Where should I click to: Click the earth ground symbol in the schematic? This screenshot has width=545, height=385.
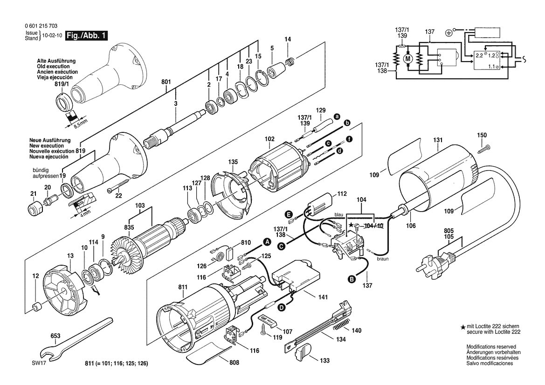tap(448, 33)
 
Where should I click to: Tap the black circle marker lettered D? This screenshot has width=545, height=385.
tap(282, 307)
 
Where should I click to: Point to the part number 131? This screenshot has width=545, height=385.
tap(438, 140)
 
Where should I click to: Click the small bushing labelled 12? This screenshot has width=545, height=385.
tap(36, 308)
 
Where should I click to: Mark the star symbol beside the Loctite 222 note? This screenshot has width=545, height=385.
tap(462, 327)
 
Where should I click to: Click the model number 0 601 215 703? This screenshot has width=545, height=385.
tap(41, 26)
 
